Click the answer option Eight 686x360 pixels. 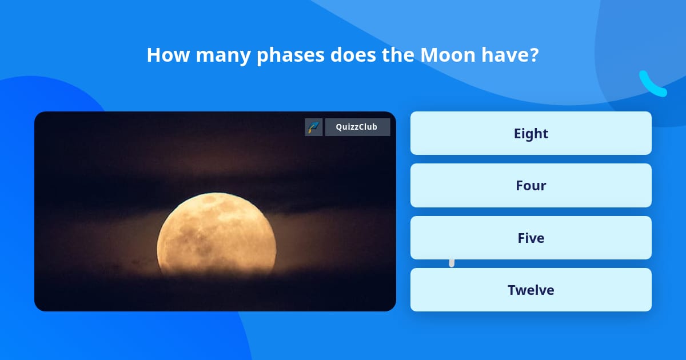(x=531, y=133)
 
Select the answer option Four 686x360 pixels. (x=531, y=185)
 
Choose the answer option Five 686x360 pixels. (x=531, y=238)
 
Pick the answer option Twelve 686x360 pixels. (x=531, y=290)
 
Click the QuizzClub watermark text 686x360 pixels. (x=357, y=127)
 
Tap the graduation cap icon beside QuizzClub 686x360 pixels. (x=313, y=127)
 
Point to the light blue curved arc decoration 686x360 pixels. (x=652, y=85)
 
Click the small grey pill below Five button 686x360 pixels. (x=452, y=263)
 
